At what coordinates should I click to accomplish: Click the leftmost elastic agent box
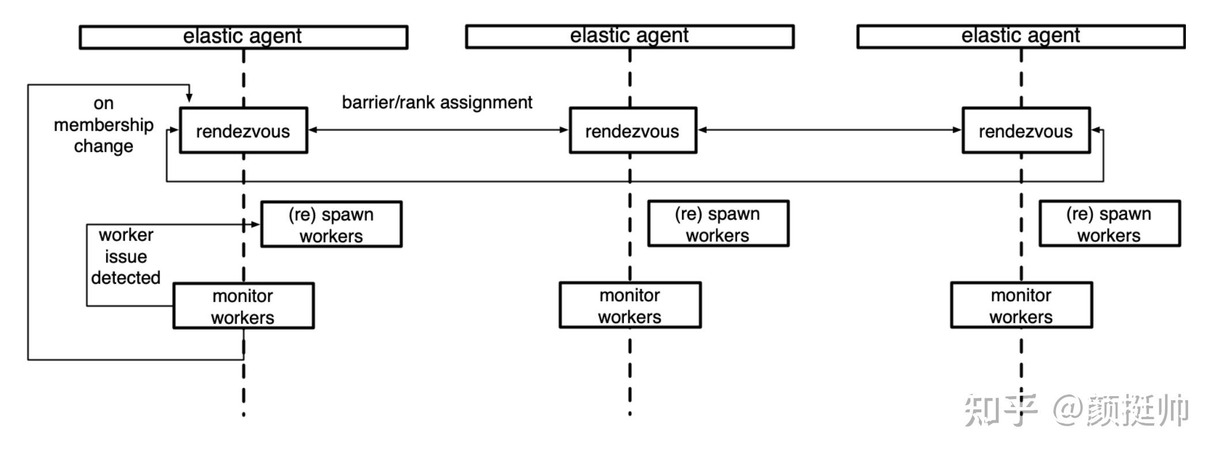pyautogui.click(x=243, y=37)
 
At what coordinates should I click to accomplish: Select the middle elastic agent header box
pyautogui.click(x=630, y=36)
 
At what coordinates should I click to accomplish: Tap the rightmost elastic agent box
pyautogui.click(x=1021, y=36)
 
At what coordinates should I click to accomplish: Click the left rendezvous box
pyautogui.click(x=243, y=130)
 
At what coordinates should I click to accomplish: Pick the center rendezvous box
pyautogui.click(x=632, y=130)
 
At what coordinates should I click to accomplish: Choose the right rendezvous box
pyautogui.click(x=1026, y=130)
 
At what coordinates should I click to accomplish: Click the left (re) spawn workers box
pyautogui.click(x=331, y=224)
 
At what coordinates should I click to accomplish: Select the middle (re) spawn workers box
pyautogui.click(x=718, y=224)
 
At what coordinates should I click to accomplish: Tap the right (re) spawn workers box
pyautogui.click(x=1109, y=224)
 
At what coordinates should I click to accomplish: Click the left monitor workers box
pyautogui.click(x=243, y=306)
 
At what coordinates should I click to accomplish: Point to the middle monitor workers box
pyautogui.click(x=630, y=305)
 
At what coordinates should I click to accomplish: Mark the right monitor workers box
pyautogui.click(x=1021, y=305)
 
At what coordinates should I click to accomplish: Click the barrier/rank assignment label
pyautogui.click(x=437, y=103)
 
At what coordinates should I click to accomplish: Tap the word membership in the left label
pyautogui.click(x=104, y=125)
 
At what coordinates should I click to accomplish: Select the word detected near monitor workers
pyautogui.click(x=126, y=277)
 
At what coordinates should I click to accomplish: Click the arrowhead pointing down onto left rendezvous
pyautogui.click(x=189, y=99)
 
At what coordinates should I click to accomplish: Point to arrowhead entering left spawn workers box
pyautogui.click(x=256, y=224)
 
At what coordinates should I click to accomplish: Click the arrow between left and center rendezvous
pyautogui.click(x=438, y=130)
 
